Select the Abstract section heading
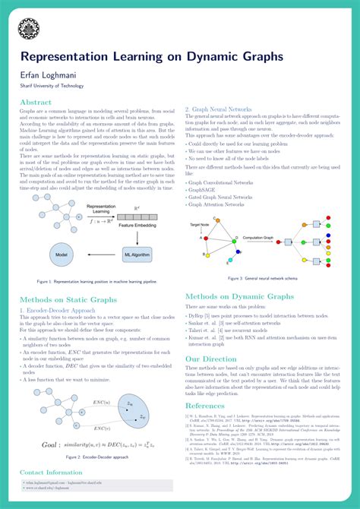coord(36,102)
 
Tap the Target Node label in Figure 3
coord(201,226)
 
